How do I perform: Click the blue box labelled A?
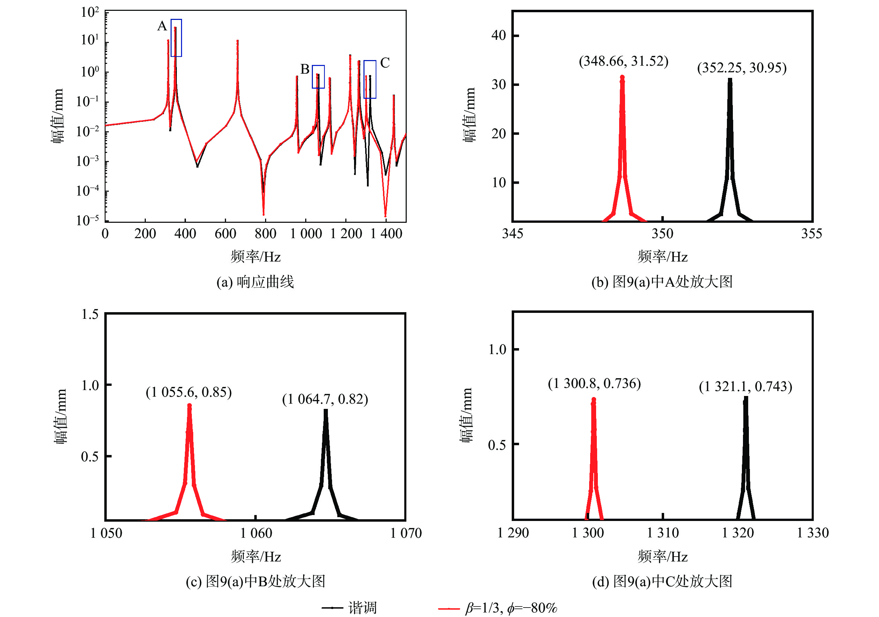pos(176,38)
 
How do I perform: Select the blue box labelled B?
pos(318,77)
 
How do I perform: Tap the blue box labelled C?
pos(370,79)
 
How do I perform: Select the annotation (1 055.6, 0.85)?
pos(189,392)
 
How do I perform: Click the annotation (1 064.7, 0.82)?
pos(325,399)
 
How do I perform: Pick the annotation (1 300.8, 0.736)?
pos(594,383)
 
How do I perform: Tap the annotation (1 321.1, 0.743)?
pos(745,386)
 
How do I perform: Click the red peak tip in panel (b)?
pos(622,78)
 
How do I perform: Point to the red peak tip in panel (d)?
pos(594,399)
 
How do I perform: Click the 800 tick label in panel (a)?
pos(265,233)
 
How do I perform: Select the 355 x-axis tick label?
pos(812,233)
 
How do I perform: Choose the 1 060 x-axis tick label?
pos(256,533)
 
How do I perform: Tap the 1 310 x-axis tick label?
pos(663,533)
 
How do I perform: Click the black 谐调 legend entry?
pos(349,608)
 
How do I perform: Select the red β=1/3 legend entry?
pos(498,608)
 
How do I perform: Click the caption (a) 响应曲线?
pos(255,282)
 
